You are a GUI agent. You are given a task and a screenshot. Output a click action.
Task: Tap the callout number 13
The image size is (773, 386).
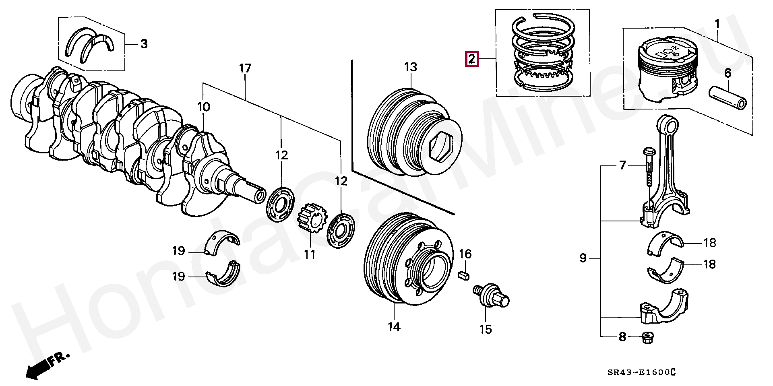[x=411, y=67]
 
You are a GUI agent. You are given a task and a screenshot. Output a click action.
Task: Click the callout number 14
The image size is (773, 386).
[x=394, y=327]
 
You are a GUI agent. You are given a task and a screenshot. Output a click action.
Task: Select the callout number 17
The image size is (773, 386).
[x=245, y=69]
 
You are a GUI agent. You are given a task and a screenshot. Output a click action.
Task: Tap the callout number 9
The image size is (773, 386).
[x=583, y=258]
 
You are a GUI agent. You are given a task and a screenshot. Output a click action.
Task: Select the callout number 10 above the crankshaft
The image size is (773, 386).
[x=203, y=107]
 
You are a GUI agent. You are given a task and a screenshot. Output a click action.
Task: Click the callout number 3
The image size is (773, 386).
[x=144, y=44]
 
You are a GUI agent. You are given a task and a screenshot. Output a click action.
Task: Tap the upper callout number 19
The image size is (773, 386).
[x=178, y=251]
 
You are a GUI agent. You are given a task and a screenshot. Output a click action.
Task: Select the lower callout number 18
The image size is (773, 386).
[x=709, y=264]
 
